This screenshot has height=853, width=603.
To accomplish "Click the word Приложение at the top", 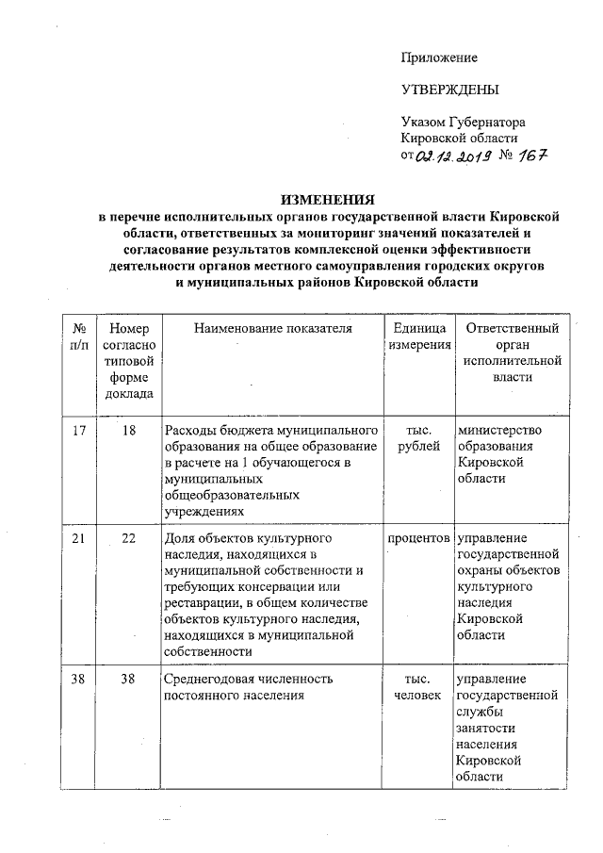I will tap(439, 57).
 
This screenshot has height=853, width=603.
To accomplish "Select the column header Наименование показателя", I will tap(273, 328).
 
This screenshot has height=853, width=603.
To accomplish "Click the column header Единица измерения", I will tap(416, 336).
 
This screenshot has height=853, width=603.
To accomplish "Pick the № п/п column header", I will tap(79, 336).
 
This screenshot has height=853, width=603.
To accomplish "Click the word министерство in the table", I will tap(499, 431).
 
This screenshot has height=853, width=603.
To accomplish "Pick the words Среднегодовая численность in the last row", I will tap(249, 679).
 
